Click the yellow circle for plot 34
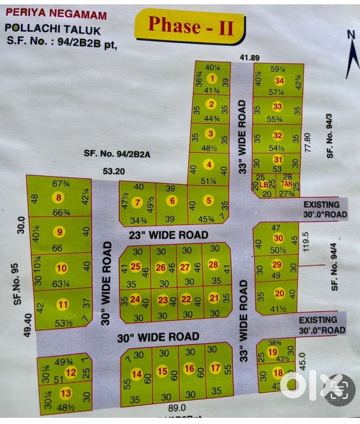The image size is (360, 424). [279, 81]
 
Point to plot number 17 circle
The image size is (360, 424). [215, 368]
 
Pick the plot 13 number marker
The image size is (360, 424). [66, 393]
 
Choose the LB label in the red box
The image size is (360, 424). [263, 185]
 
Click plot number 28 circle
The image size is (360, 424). [213, 265]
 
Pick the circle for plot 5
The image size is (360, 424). [208, 201]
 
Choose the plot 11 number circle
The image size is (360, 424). [64, 304]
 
